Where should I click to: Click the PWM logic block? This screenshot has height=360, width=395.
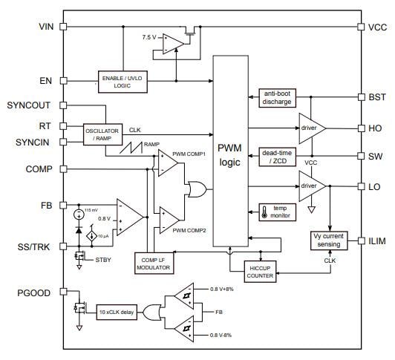tap(229, 152)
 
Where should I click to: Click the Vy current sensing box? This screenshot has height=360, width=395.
tap(328, 240)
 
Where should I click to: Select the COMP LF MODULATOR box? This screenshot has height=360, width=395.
tap(172, 264)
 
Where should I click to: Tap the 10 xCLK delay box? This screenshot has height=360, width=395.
tap(116, 311)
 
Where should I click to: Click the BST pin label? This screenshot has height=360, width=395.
tap(376, 97)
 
